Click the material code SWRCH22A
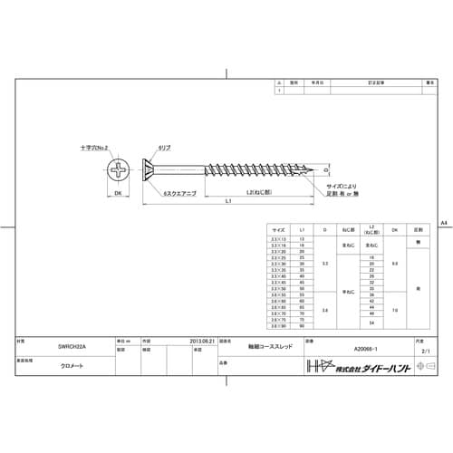pos(60,347)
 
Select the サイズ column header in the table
pos(278,231)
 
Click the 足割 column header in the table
pos(418,231)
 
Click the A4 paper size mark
pos(443,221)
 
